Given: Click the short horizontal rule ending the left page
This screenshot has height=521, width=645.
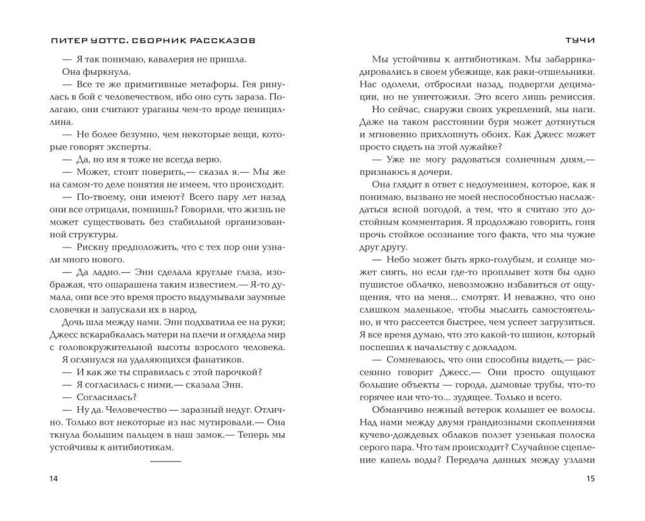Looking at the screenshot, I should point(166,460).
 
